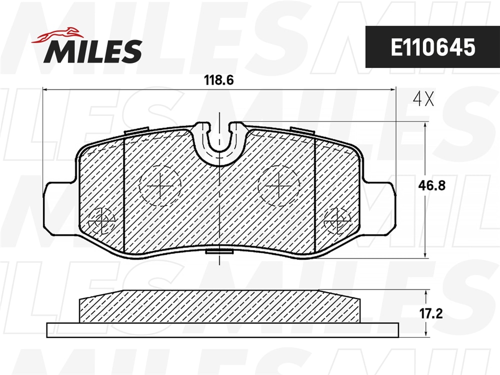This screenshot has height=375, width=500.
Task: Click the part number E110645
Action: pyautogui.click(x=432, y=47)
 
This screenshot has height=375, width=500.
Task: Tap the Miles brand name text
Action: pyautogui.click(x=93, y=51)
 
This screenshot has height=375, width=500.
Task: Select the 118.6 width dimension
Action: pyautogui.click(x=219, y=80)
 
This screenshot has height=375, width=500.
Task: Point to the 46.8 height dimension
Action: pyautogui.click(x=432, y=185)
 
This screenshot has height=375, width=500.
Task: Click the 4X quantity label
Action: pyautogui.click(x=423, y=99)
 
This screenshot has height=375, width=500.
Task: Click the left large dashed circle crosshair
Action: pyautogui.click(x=160, y=185)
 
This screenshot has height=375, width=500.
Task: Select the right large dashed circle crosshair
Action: pyautogui.click(x=279, y=185)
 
